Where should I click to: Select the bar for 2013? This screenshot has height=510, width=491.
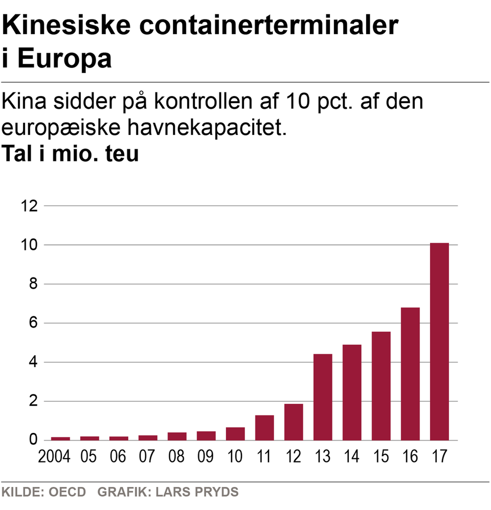pyautogui.click(x=323, y=397)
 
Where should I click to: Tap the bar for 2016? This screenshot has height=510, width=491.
pyautogui.click(x=410, y=374)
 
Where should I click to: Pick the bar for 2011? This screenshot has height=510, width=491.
pyautogui.click(x=264, y=428)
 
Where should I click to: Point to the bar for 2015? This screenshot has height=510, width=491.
pyautogui.click(x=381, y=386)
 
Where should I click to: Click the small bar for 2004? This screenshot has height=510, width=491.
pyautogui.click(x=60, y=438)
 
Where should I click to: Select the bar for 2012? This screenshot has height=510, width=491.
pyautogui.click(x=294, y=422)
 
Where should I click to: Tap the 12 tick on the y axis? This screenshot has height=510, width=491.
pyautogui.click(x=30, y=206)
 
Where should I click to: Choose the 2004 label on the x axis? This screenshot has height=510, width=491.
pyautogui.click(x=54, y=456)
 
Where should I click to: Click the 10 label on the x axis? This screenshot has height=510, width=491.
pyautogui.click(x=235, y=456)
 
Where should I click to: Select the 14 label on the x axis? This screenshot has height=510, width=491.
pyautogui.click(x=352, y=456)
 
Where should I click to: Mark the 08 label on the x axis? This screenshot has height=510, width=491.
pyautogui.click(x=176, y=456)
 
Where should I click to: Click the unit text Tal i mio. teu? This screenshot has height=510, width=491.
pyautogui.click(x=71, y=153)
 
